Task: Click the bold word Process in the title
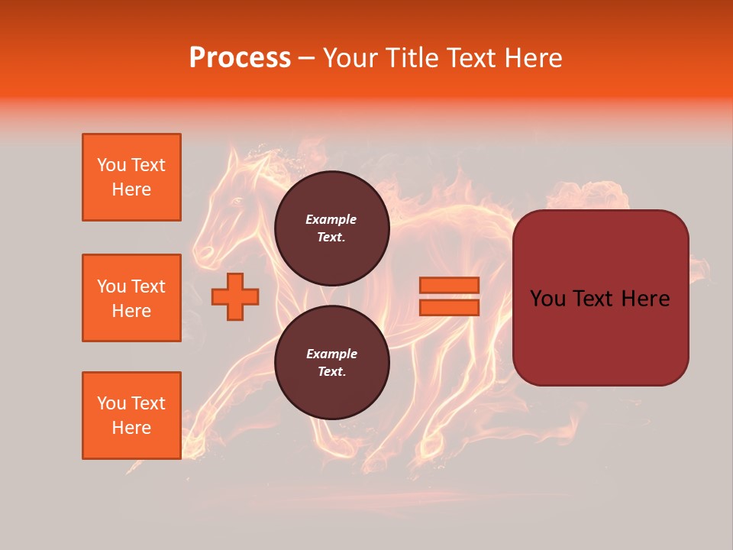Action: pos(240,58)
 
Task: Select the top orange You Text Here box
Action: pos(131,177)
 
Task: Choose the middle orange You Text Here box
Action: pos(131,298)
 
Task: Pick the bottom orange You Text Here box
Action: pos(131,416)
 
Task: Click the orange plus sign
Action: pos(235,296)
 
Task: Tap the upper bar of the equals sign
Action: pos(450,286)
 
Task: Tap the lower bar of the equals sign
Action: pos(450,307)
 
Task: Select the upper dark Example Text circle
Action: pos(331,228)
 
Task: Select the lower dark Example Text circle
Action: pos(331,363)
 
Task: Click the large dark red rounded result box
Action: pos(600,298)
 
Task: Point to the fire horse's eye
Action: pos(236,201)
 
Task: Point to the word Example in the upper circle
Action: pos(331,219)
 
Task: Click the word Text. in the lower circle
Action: pos(331,372)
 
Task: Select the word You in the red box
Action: pos(547,299)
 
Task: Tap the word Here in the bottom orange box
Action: pos(131,428)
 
